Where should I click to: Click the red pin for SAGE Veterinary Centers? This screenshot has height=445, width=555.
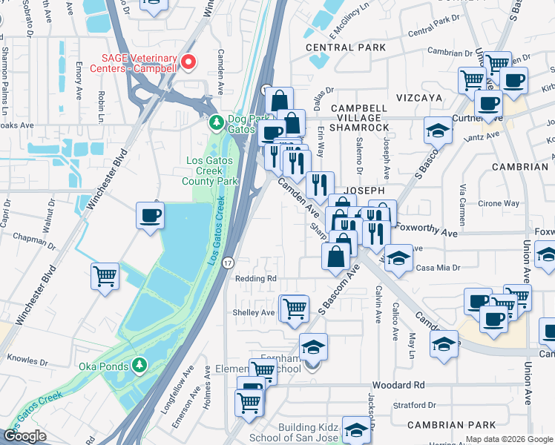[x=188, y=62]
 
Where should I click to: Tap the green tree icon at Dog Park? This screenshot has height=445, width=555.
[x=216, y=122]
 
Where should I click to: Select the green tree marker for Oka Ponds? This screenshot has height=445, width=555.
[x=139, y=366]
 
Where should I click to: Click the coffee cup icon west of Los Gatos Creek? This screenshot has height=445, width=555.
[x=151, y=216]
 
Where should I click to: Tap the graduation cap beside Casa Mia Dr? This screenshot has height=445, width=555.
[x=398, y=259]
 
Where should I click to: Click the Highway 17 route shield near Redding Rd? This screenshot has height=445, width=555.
[x=227, y=263]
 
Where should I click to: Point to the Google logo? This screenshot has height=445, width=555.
[x=25, y=436]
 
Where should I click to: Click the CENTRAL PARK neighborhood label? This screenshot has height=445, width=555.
[x=347, y=47]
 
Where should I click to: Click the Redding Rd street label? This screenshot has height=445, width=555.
[x=255, y=279]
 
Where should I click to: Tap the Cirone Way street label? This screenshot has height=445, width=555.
[x=499, y=203]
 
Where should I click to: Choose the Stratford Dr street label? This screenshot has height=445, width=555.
[x=415, y=406]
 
